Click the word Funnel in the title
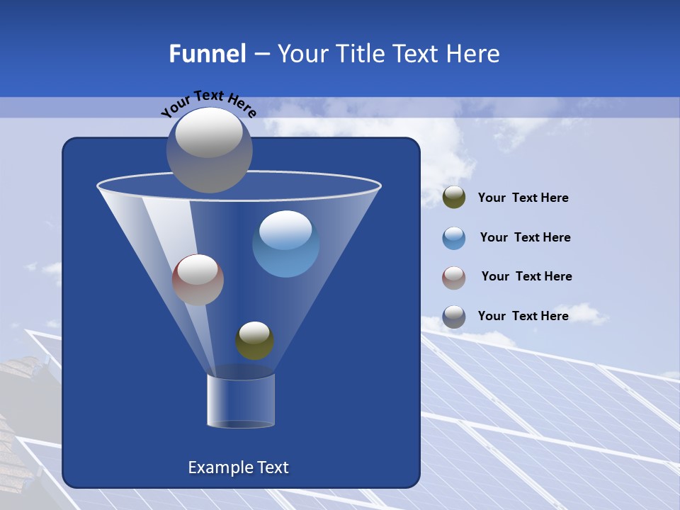[x=208, y=54]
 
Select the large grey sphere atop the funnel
[x=209, y=149]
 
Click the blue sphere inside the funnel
[x=285, y=244]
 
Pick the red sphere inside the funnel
[x=198, y=280]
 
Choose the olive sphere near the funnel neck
[x=254, y=341]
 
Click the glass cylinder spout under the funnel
[x=241, y=401]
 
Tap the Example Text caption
[x=239, y=467]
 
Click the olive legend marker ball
[x=454, y=198]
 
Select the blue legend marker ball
[x=454, y=238]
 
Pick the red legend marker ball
[x=454, y=277]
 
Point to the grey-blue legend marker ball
[x=454, y=317]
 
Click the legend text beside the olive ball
[x=523, y=198]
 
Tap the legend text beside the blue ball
[x=525, y=238]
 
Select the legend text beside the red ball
[x=526, y=277]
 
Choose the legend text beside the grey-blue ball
[x=523, y=316]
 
